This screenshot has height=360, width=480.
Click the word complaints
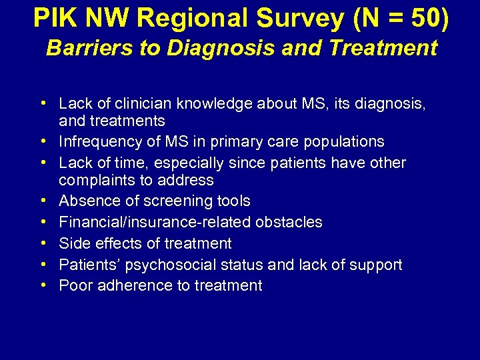(96, 180)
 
